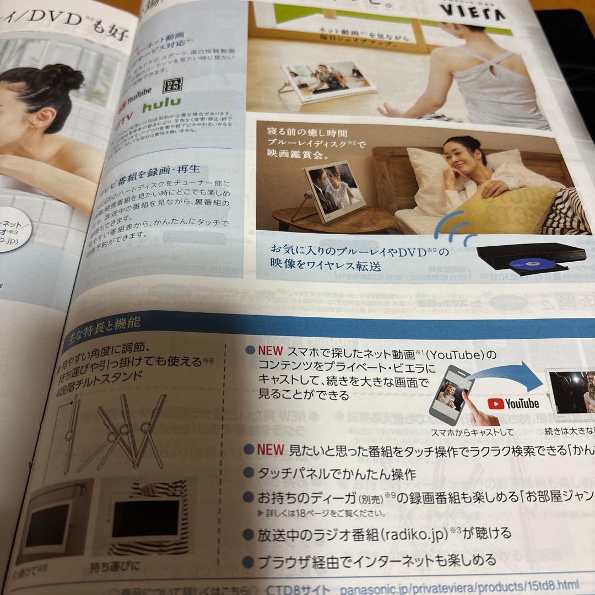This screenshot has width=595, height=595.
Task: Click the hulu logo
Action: tap(161, 106)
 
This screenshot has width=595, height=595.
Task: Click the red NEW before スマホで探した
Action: tap(270, 351)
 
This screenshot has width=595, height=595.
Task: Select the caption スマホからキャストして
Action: tap(472, 431)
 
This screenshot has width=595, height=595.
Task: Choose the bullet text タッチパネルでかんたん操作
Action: tap(337, 472)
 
